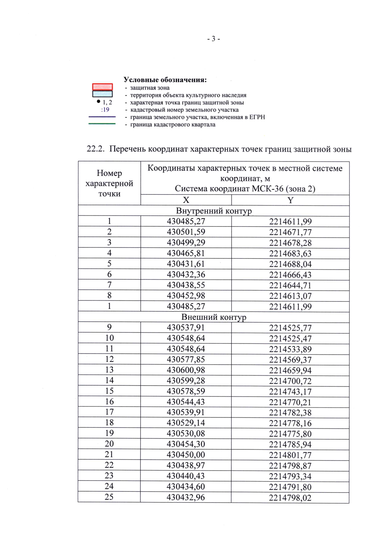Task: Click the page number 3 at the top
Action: click(x=213, y=39)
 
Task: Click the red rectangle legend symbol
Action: click(x=103, y=87)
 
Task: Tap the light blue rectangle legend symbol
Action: click(x=103, y=94)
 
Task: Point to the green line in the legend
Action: click(x=102, y=124)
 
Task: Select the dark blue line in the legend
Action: click(x=102, y=117)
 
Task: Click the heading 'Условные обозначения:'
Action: click(x=165, y=80)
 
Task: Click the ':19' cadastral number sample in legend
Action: click(x=105, y=110)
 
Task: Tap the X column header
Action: click(x=186, y=200)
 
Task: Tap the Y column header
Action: click(x=290, y=200)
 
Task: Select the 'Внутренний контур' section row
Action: click(x=214, y=211)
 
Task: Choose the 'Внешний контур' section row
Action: click(x=214, y=317)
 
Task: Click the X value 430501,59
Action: click(x=186, y=232)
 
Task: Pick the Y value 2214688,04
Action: click(x=290, y=264)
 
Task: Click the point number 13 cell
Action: click(x=109, y=370)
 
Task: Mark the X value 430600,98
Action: click(x=186, y=370)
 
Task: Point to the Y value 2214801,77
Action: click(x=290, y=455)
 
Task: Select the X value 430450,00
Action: click(x=186, y=455)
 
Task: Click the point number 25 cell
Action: click(x=109, y=497)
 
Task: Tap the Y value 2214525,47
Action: click(x=290, y=338)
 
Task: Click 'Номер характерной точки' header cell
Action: click(x=109, y=183)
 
